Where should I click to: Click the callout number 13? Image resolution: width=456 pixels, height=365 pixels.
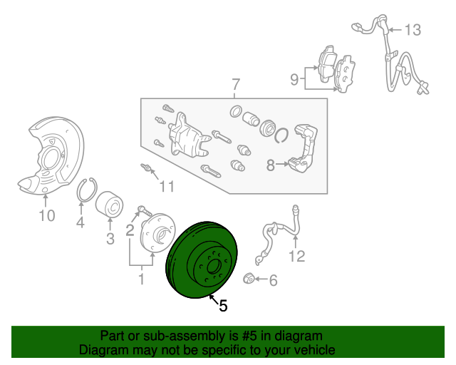(413, 30)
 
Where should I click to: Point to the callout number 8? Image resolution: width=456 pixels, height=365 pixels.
(270, 166)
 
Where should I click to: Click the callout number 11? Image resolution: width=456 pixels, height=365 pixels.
(166, 187)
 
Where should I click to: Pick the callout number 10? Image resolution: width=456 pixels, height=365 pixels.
(46, 215)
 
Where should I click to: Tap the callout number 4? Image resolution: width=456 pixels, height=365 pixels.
(80, 224)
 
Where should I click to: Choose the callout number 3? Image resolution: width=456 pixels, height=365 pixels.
(110, 240)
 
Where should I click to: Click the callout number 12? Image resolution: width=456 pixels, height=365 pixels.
(296, 256)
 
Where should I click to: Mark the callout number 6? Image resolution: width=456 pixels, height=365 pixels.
(272, 281)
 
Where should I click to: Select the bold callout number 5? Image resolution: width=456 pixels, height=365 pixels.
(223, 306)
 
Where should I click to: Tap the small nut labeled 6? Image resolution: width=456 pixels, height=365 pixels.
(250, 279)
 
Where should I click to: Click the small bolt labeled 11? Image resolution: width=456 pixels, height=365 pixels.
(147, 169)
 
